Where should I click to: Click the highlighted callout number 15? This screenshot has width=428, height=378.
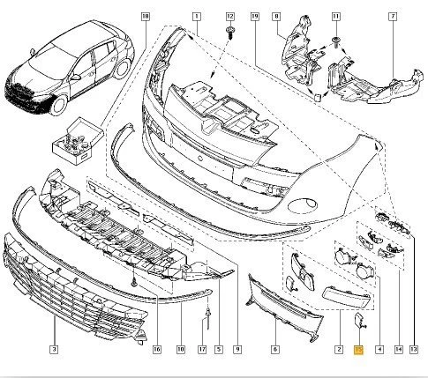357,350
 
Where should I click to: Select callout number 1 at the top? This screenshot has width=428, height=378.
198,17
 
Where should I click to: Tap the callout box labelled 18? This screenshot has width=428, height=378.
146,17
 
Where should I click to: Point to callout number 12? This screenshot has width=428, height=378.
230,17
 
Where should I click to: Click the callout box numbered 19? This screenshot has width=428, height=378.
254,17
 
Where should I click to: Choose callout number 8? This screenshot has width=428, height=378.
276,17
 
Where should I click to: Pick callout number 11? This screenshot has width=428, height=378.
335,17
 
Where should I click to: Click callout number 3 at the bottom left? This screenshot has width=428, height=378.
54,350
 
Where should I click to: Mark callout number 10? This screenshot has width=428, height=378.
181,350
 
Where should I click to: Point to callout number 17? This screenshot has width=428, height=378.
202,350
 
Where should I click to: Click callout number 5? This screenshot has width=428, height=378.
218,350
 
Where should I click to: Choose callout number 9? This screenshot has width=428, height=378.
238,350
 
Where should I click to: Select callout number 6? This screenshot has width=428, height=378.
274,350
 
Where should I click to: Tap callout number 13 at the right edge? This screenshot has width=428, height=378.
412,350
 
